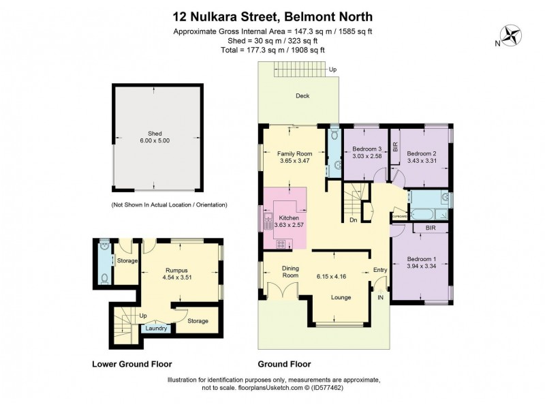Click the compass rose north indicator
(x=511, y=35)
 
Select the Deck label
(x=302, y=96)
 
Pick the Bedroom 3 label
(x=367, y=149)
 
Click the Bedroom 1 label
(x=422, y=259)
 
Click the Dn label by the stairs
(x=353, y=220)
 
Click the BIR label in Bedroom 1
(x=431, y=228)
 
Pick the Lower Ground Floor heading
(x=131, y=364)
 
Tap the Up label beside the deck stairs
(x=332, y=70)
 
